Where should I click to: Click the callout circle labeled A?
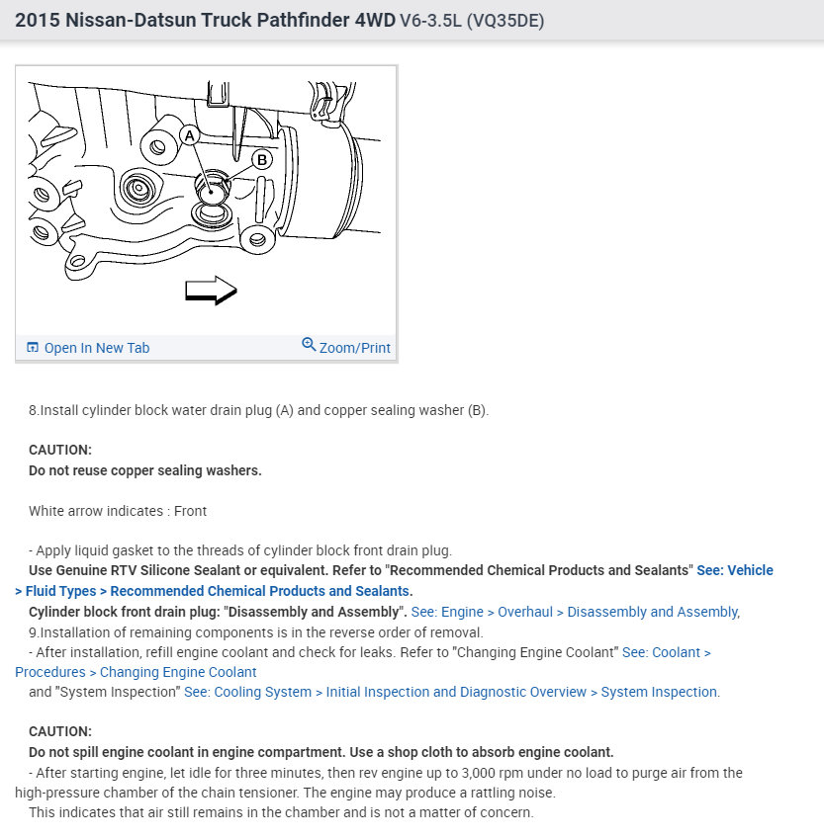point(189,136)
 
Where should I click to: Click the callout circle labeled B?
point(262,159)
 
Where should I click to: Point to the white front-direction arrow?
point(211,291)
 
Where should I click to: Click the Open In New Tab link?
point(96,348)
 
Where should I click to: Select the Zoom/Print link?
point(355,348)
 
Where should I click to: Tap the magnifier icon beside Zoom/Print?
point(309,344)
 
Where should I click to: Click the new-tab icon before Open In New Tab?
point(33,347)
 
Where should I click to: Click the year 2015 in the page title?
point(38,21)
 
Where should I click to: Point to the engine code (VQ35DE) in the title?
point(505,21)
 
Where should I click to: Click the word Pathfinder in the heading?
point(304,21)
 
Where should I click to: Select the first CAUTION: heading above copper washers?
point(60,450)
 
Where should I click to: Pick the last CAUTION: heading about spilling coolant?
point(60,731)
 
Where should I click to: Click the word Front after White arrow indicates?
point(190,511)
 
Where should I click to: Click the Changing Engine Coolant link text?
point(178,672)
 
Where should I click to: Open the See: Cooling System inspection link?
point(452,692)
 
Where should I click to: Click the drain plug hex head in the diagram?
point(212,188)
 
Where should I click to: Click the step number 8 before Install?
point(33,410)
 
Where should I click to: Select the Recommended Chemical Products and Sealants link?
point(261,591)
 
